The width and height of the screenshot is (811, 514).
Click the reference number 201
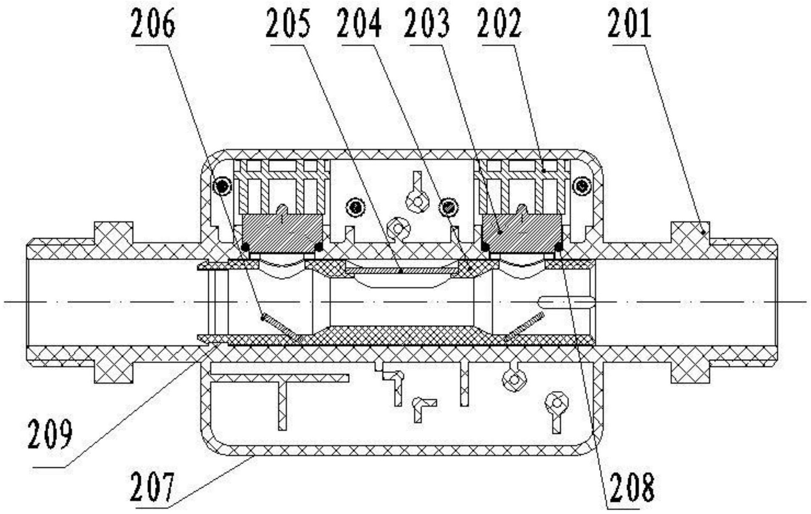[x=629, y=24]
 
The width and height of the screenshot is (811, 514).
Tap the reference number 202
[x=499, y=24]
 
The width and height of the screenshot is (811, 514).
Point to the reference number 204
[x=359, y=24]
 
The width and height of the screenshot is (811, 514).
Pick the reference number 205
[x=288, y=24]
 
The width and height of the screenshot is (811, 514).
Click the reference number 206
[x=152, y=24]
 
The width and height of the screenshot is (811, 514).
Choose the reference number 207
[x=152, y=487]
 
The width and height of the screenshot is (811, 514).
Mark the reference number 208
[x=632, y=487]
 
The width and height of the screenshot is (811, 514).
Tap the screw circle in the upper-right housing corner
[x=582, y=185]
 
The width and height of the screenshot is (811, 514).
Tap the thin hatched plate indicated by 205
[x=401, y=271]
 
